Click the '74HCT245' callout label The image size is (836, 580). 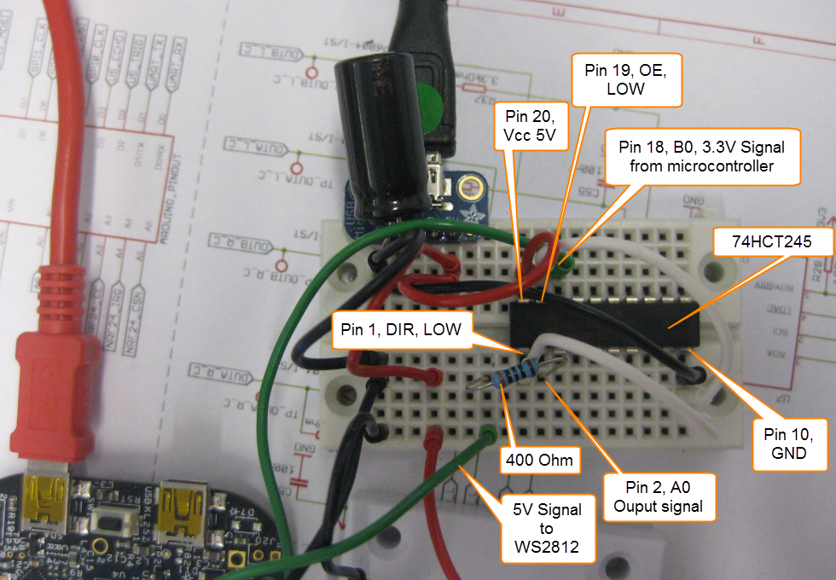tap(771, 242)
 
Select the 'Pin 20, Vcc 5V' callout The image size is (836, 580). tap(530, 126)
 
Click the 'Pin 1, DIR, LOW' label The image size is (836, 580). tap(400, 328)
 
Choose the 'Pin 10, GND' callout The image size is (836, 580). tap(790, 441)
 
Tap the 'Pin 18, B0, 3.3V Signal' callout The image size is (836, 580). tap(701, 156)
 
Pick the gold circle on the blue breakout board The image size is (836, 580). tap(468, 188)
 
